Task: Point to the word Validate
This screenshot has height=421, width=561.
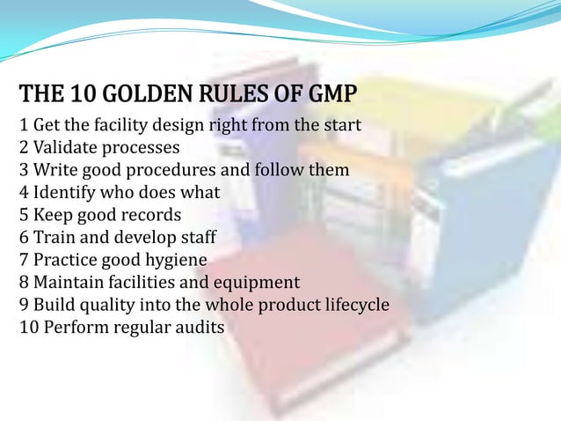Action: [x=67, y=147]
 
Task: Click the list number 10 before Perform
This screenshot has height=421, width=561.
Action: [x=28, y=329]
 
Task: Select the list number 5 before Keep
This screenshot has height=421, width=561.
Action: [x=24, y=215]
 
